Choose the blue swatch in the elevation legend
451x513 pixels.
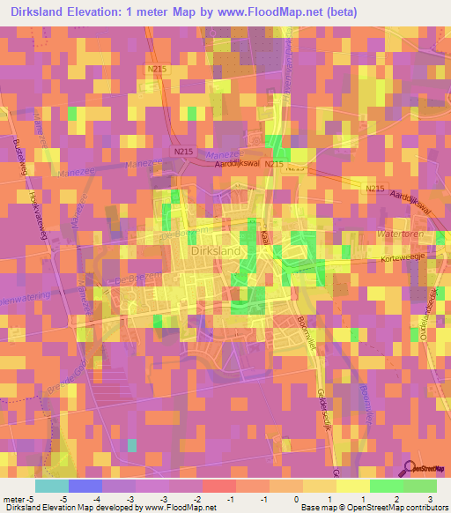click(85, 486)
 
